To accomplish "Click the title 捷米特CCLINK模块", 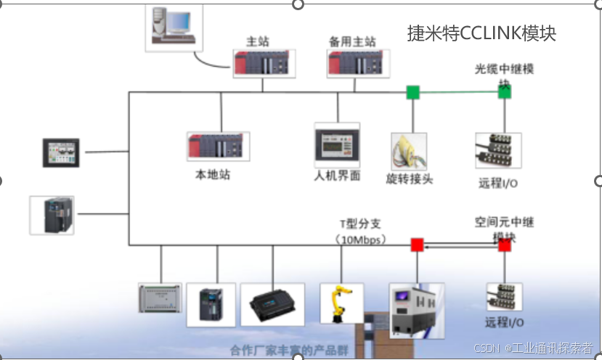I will point(482,33).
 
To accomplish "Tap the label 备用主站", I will point(352,42).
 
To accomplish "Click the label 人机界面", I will point(337,176).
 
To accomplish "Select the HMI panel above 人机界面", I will point(337,145).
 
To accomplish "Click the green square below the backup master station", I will point(412,92).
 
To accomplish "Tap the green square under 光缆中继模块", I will point(505,92).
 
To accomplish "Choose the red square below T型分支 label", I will point(417,245).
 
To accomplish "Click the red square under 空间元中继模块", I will point(505,245).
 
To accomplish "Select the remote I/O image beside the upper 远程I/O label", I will point(498,150).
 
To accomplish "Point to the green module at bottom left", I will point(160,298).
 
